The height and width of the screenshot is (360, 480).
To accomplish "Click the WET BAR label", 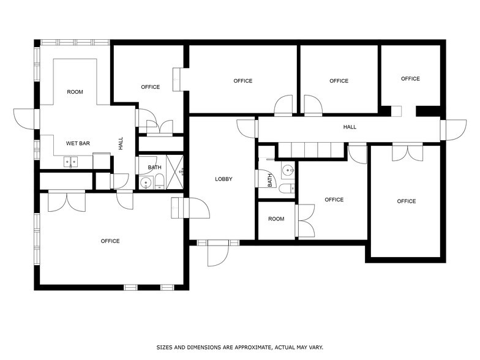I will [x=78, y=143].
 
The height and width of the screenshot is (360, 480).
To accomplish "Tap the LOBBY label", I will [x=223, y=179].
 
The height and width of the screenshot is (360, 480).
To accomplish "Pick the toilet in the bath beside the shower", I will [x=159, y=181].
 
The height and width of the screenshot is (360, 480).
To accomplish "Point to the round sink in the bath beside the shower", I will [x=146, y=182].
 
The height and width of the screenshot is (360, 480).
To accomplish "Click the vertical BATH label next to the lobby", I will [x=269, y=181].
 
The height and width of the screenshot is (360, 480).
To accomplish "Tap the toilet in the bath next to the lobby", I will [x=287, y=188].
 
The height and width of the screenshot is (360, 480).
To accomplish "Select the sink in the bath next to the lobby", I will [x=288, y=170].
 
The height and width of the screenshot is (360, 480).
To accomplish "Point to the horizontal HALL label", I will [x=350, y=127].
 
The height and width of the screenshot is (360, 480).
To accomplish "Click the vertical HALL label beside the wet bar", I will [x=121, y=143].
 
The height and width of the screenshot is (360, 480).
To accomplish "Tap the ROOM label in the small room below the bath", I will [x=276, y=219].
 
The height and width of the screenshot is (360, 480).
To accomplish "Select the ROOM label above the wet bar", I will [x=75, y=92].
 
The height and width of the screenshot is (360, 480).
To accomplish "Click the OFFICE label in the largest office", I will [x=110, y=241].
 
